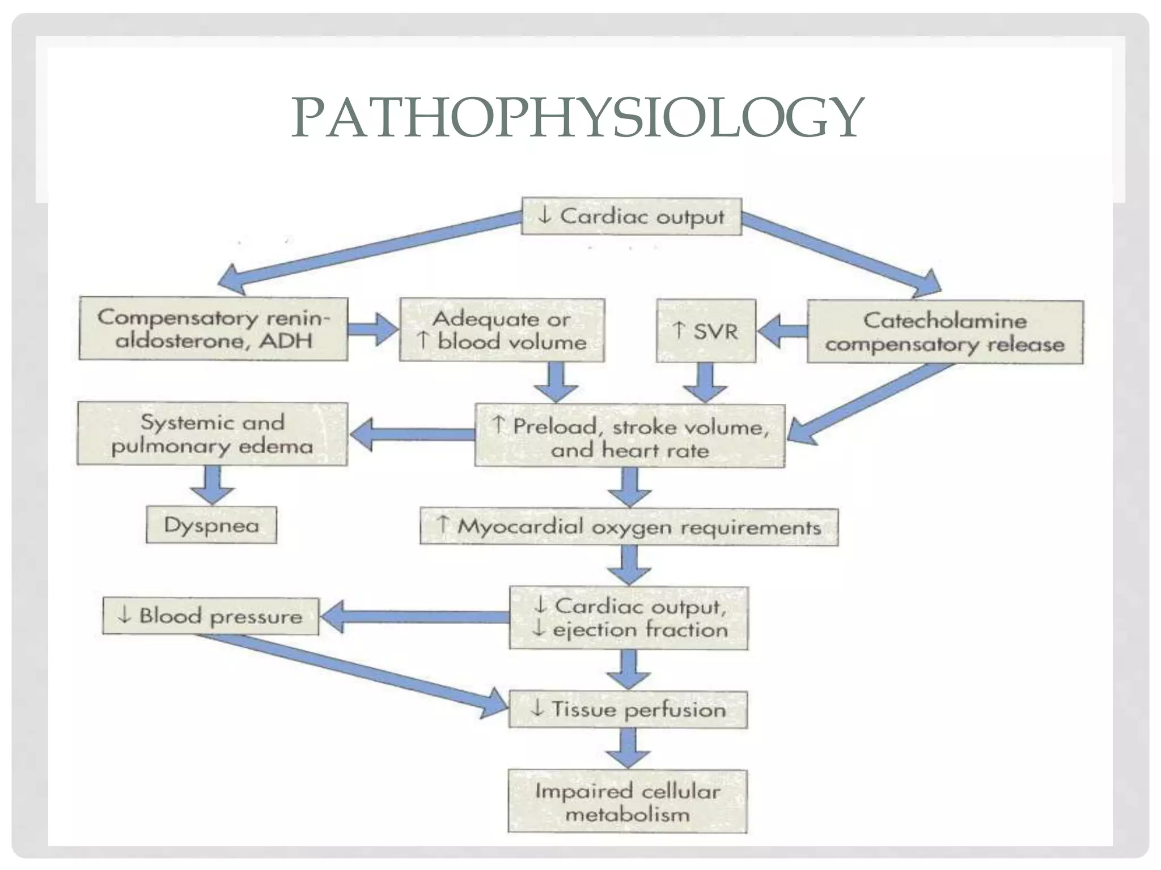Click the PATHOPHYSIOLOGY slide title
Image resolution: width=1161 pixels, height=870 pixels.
coord(577,118)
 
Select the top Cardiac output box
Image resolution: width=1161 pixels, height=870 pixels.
coord(631,216)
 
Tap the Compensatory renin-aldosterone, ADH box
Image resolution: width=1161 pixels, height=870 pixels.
coord(213,329)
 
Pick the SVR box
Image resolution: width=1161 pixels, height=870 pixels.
coord(706,331)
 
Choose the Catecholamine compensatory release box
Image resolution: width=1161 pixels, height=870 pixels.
coord(945,332)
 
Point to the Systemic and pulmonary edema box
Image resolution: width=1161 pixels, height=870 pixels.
coord(212,434)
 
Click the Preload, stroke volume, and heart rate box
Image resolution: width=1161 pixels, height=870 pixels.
coord(630,436)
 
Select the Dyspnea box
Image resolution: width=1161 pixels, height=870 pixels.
coord(211,525)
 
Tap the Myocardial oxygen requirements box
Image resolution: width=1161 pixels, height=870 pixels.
coord(629,527)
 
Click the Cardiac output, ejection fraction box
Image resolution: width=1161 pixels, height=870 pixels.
coord(628,618)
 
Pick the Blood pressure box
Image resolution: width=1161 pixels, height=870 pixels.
coord(210,616)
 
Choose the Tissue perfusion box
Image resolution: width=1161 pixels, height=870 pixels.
coord(628,710)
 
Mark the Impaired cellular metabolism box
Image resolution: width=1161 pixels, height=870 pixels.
coord(628,801)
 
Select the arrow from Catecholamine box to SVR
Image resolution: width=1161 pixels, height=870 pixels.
coord(782,331)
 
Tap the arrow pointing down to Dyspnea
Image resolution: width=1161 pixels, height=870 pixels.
coord(212,485)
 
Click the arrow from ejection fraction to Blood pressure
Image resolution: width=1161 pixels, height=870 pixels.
coord(414,617)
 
